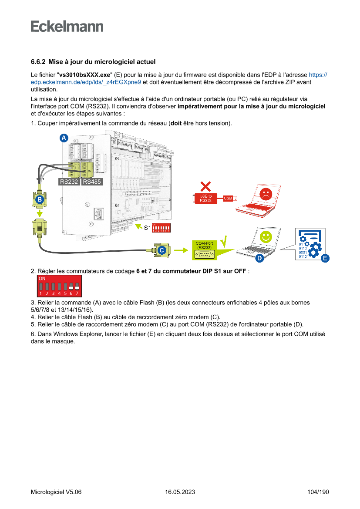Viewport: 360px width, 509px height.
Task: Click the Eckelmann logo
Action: [67, 26]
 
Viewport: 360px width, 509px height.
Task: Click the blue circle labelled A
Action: [64, 138]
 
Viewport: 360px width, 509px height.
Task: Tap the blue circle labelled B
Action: [40, 200]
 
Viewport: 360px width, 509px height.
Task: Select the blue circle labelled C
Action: [161, 250]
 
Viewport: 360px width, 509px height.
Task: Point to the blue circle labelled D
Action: [259, 258]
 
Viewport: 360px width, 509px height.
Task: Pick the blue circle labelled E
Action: [324, 258]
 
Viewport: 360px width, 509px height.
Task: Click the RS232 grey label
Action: [69, 182]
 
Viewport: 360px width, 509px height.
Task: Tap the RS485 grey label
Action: [92, 182]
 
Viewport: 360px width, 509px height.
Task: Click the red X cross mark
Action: [206, 186]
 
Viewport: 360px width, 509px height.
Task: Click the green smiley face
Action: [265, 236]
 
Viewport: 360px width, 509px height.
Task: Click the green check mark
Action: [224, 241]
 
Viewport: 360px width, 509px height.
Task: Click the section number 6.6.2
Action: [38, 62]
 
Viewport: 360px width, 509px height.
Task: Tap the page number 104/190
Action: [318, 492]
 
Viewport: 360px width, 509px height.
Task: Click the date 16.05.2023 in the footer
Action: [180, 492]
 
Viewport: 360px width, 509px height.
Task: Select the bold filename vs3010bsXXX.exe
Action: [85, 75]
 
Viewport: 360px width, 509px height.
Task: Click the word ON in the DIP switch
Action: [42, 278]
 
